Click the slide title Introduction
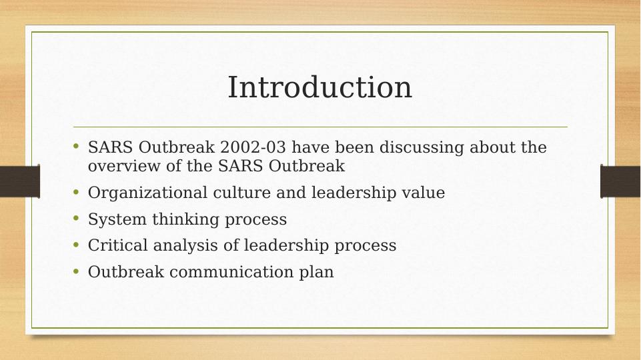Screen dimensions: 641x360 tap(319, 87)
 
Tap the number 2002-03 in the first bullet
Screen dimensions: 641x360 tap(253, 147)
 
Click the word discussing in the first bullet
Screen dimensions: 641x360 tap(422, 148)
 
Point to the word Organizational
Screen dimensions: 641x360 tap(147, 193)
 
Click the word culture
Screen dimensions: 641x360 tap(242, 193)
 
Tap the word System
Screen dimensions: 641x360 tap(117, 219)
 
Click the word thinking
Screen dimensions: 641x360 tap(186, 219)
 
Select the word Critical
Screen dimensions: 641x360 tap(118, 245)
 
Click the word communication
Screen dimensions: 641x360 tap(231, 272)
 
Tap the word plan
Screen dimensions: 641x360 tap(316, 273)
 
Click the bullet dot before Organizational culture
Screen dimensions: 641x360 tap(76, 191)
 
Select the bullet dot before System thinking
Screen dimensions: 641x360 tap(76, 218)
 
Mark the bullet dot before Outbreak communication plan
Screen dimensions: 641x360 tap(76, 271)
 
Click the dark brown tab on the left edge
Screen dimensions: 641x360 tap(19, 181)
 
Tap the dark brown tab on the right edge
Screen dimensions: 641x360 tap(620, 181)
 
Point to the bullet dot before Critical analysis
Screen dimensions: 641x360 tap(76, 245)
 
